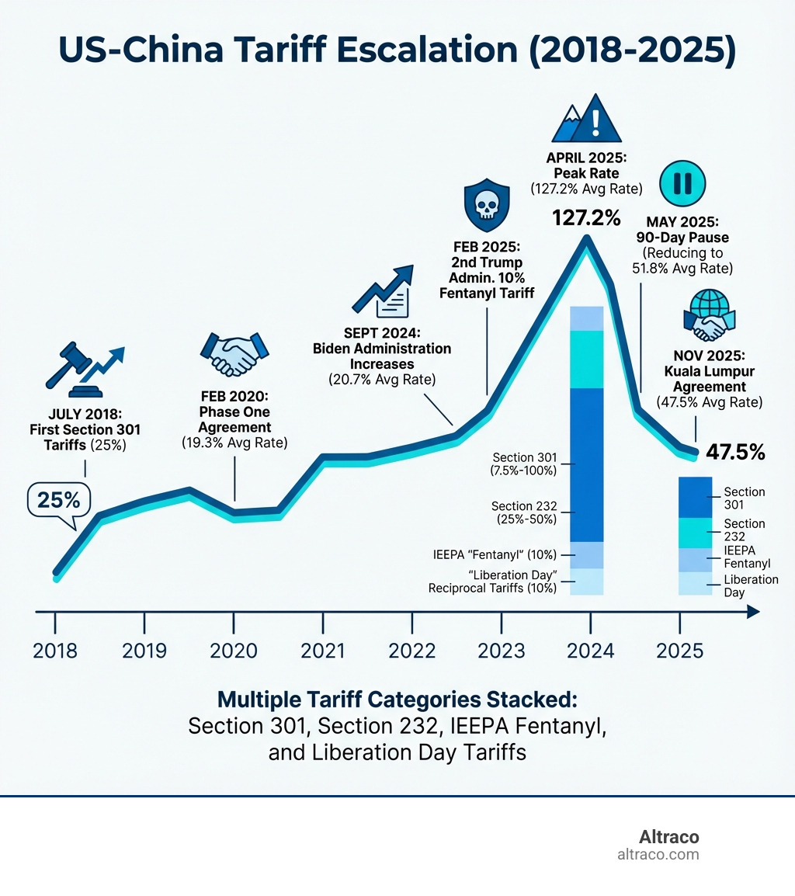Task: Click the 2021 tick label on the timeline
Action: pyautogui.click(x=323, y=651)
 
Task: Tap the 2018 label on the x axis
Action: pyautogui.click(x=55, y=651)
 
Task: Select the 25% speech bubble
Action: pyautogui.click(x=59, y=501)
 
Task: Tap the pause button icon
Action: pyautogui.click(x=682, y=183)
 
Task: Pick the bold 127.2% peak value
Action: pyautogui.click(x=586, y=218)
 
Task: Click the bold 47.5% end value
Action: pyautogui.click(x=735, y=453)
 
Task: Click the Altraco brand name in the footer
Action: pyautogui.click(x=668, y=837)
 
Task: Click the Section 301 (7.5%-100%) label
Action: pyautogui.click(x=525, y=464)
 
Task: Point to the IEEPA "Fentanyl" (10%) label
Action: pyautogui.click(x=495, y=555)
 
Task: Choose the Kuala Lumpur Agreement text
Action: pyautogui.click(x=710, y=379)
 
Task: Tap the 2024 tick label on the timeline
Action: pyautogui.click(x=590, y=651)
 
